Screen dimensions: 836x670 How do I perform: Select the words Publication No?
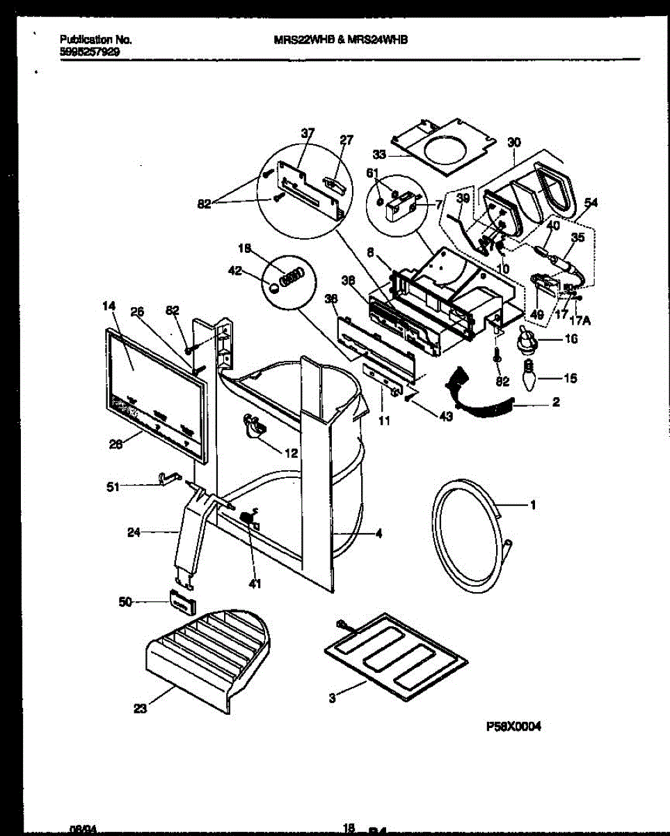point(95,40)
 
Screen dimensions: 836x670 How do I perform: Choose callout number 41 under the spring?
point(255,584)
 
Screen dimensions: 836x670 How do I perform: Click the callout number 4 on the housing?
point(379,534)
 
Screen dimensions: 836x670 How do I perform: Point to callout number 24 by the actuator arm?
point(134,533)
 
